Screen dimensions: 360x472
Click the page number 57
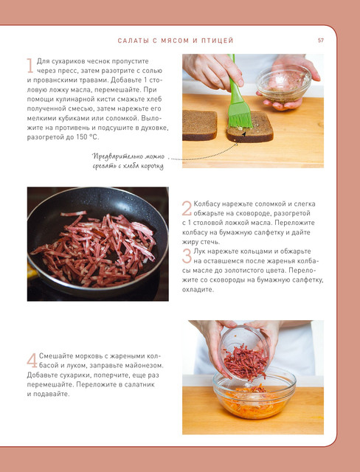click(x=321, y=41)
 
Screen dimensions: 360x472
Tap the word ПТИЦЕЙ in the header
click(x=218, y=41)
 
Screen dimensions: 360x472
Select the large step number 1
click(x=30, y=66)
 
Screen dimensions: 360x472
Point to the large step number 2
click(x=187, y=208)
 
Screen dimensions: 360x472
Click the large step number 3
click(x=187, y=256)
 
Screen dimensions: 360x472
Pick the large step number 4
click(x=32, y=360)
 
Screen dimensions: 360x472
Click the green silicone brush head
click(x=240, y=115)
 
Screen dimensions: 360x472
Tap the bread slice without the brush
click(x=199, y=125)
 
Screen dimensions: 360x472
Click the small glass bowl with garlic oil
click(x=283, y=83)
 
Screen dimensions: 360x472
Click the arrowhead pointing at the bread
click(x=244, y=134)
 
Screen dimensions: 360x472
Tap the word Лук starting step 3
click(x=199, y=251)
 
